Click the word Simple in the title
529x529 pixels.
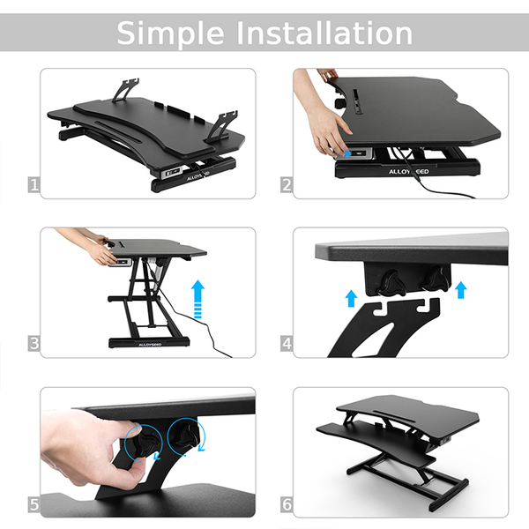coord(170,34)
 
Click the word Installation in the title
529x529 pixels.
coord(324,33)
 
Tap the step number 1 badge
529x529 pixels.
coord(34,185)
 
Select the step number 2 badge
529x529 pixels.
coord(287,185)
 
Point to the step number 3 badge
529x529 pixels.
coord(34,344)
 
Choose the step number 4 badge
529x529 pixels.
coord(287,344)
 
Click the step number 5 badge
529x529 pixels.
coord(34,504)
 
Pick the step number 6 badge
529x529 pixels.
coord(287,504)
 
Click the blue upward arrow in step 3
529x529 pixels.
coord(198,299)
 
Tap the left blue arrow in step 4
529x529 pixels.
coord(351,298)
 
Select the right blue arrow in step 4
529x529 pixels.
coord(460,290)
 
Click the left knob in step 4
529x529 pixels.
coord(391,283)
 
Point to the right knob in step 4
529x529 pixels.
coord(436,279)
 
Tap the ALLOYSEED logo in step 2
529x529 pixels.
coord(408,171)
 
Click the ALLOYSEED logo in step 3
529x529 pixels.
coord(150,345)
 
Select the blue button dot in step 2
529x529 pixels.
coord(347,153)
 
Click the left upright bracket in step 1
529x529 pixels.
coord(125,90)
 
